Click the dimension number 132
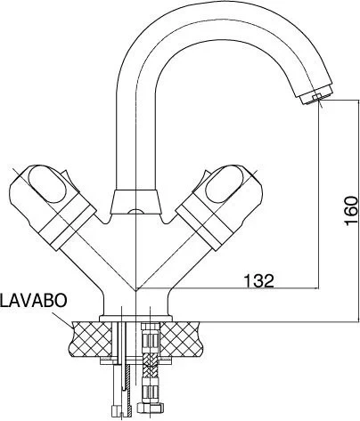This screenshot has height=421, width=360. click(x=258, y=279)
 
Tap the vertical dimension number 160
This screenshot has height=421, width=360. click(x=350, y=211)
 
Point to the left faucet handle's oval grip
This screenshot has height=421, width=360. click(x=45, y=186)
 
